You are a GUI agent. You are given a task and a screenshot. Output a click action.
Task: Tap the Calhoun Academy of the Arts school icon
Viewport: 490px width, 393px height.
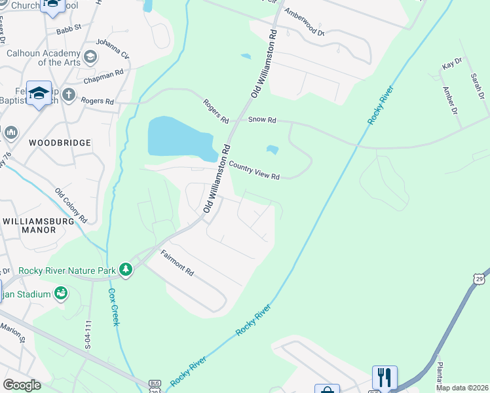point(90,57)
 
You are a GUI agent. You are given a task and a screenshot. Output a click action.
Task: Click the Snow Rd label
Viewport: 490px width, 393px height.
point(263,121)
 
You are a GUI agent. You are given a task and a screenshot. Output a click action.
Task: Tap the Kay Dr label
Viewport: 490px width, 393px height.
point(452,64)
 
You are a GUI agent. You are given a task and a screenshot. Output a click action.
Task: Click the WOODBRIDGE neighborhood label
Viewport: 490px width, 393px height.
point(60,142)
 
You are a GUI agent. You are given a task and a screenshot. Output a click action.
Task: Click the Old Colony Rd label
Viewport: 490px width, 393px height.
point(71,204)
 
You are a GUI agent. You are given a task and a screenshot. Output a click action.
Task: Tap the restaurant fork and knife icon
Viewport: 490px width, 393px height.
point(385,377)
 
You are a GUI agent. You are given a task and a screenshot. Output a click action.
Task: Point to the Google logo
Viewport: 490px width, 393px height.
point(22,384)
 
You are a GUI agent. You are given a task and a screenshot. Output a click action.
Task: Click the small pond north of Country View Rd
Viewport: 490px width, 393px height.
point(272,150)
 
